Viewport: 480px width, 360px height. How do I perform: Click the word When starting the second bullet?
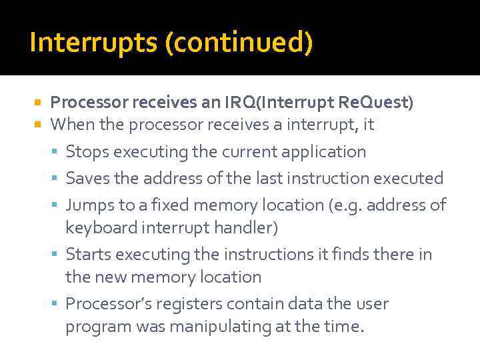[x=69, y=125]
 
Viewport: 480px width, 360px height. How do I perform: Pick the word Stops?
[x=87, y=152]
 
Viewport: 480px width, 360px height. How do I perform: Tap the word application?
[x=325, y=152]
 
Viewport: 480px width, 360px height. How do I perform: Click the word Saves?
[x=87, y=179]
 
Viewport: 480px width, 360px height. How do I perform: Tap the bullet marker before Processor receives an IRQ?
[x=38, y=103]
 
